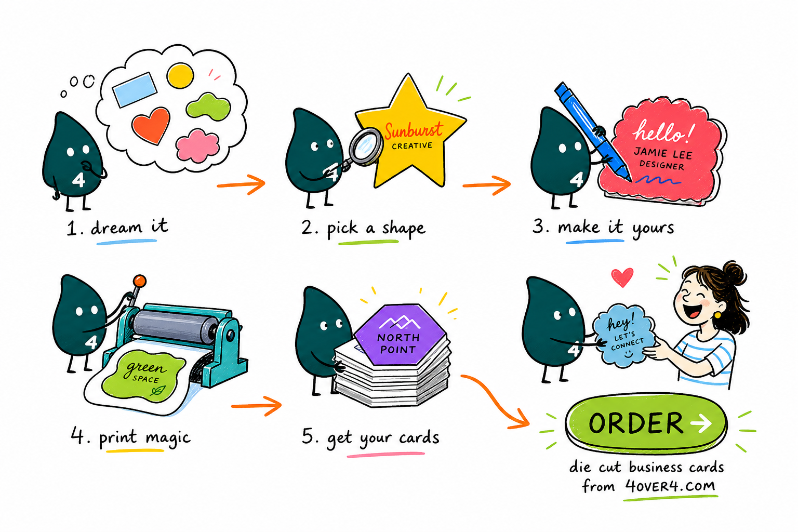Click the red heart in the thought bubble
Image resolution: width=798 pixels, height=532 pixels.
point(151,125)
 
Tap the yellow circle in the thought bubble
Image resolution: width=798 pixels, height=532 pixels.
point(180,75)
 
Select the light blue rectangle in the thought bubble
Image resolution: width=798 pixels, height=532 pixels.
point(135,89)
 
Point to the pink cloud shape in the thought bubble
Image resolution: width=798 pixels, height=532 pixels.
point(197,146)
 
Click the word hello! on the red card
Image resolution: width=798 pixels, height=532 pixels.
point(663,131)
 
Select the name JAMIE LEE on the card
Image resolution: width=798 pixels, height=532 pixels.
point(663,153)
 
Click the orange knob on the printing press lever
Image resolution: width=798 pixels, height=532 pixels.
point(140,281)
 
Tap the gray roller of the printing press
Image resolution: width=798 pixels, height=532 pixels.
point(175,325)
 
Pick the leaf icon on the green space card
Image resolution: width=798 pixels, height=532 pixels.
point(157,391)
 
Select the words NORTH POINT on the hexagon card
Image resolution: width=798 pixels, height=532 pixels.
point(398,343)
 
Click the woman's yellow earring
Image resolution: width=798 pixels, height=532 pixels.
point(717,315)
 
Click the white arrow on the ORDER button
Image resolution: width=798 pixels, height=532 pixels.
point(701,423)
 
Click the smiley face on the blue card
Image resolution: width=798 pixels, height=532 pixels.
point(628,354)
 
